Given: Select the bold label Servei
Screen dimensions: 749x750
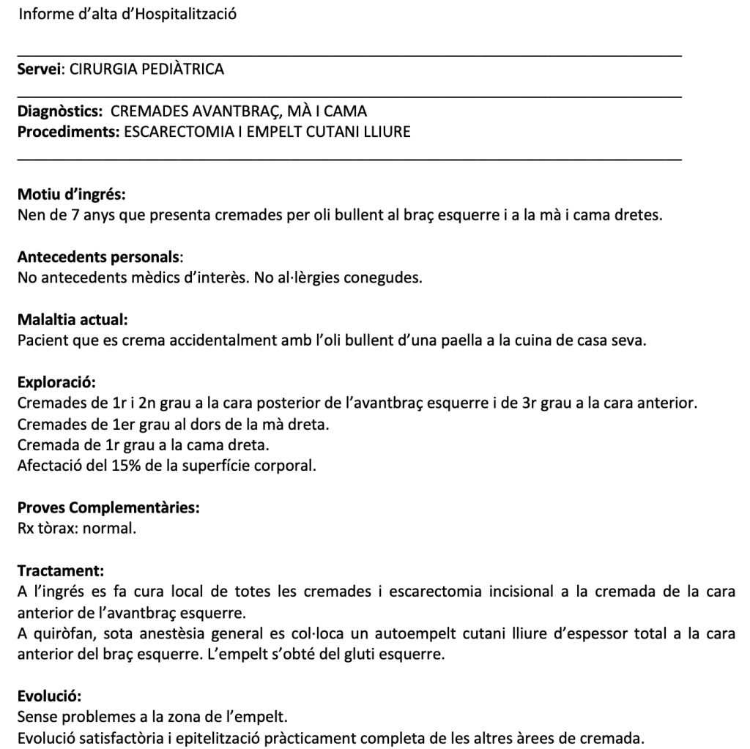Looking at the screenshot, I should coord(40,70).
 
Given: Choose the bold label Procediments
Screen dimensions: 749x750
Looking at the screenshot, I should coord(68,132).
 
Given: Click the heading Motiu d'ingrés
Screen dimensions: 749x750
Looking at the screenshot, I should coord(71,195).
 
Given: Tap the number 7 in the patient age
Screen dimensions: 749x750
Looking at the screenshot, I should coord(75,216).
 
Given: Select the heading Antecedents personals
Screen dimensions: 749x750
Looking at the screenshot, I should coord(97,257).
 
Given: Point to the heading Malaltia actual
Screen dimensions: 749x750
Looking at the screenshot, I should coord(73,320).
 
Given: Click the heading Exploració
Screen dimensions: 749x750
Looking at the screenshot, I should coord(56,382).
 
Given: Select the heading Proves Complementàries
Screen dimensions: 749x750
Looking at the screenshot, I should coord(108,507).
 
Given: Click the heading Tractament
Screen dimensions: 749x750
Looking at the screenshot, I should coord(60,570).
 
